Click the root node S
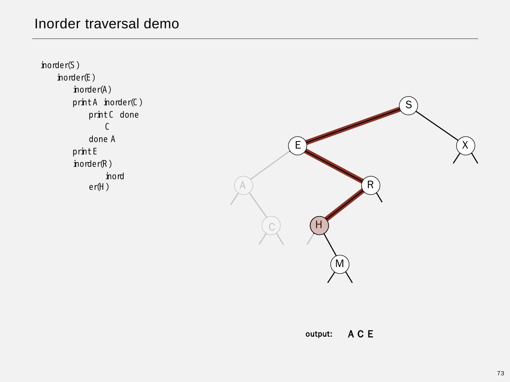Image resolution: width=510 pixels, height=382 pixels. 408,105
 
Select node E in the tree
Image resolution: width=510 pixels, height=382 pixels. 297,145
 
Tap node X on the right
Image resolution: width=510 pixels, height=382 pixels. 465,145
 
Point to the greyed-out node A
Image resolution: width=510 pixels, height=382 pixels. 243,185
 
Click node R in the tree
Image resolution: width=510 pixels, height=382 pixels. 370,185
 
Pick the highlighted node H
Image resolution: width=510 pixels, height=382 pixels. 319,225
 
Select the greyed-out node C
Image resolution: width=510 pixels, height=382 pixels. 271,226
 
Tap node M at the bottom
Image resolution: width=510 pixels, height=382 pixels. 339,264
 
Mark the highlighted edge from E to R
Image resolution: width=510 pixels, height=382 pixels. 334,165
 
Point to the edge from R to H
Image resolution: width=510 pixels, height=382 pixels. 345,205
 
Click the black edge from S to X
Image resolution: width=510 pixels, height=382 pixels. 437,126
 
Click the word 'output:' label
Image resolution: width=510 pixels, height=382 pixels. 319,334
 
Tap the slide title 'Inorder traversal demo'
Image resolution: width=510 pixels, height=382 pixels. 107,24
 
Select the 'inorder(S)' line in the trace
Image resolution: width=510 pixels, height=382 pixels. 60,65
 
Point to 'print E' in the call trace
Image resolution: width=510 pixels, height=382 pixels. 85,152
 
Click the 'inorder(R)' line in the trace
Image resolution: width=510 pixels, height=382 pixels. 92,164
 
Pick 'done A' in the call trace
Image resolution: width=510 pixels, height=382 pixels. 102,139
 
